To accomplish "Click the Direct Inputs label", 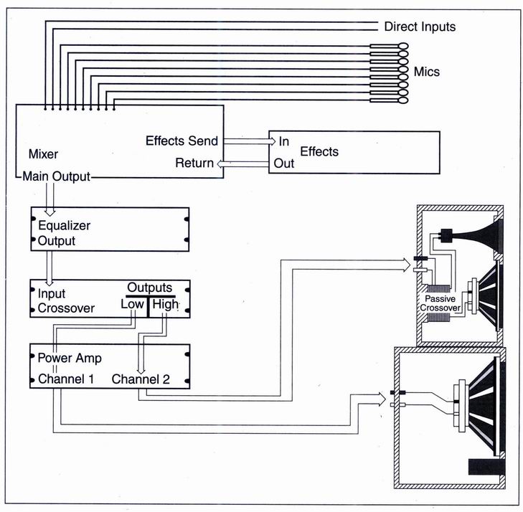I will [x=420, y=27].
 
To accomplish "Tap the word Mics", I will [x=427, y=72].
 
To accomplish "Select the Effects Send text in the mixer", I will [x=182, y=141].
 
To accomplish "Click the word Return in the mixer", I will [x=194, y=163].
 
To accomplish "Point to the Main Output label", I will [x=57, y=176].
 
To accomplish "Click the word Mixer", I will [x=42, y=154].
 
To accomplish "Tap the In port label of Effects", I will [x=284, y=141].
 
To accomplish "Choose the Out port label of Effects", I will [x=284, y=163].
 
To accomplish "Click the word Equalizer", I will [x=65, y=225].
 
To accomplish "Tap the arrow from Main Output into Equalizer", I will [x=50, y=198].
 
